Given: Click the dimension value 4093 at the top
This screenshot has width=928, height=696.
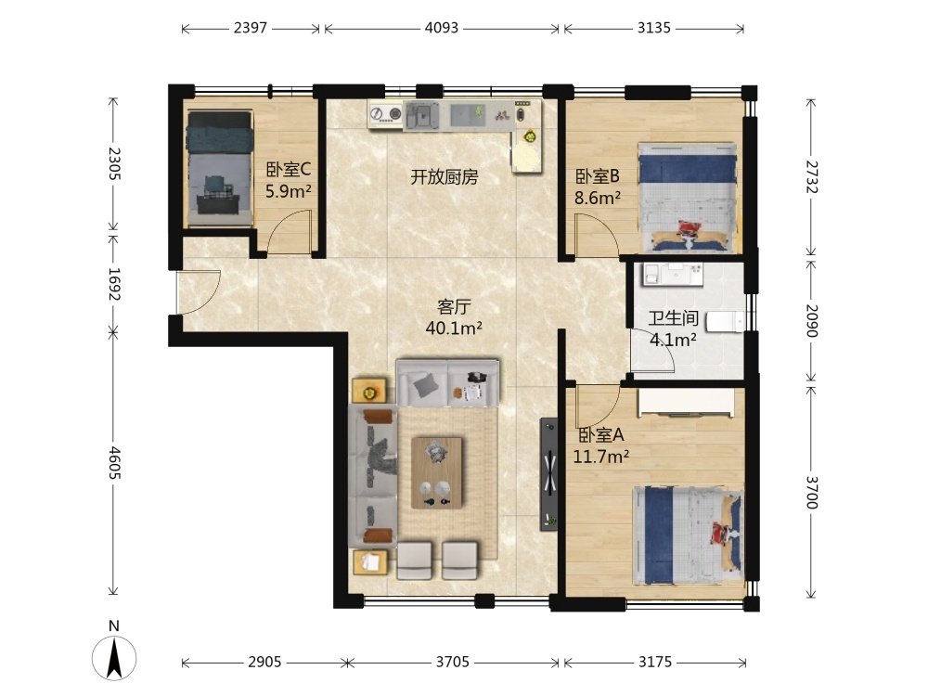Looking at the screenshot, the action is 442,28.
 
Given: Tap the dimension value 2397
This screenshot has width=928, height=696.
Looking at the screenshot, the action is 251,28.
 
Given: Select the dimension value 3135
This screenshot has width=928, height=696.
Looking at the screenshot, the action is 654,28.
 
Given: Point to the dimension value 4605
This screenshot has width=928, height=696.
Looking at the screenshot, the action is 114,463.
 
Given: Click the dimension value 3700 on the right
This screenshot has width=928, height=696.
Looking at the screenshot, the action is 811,493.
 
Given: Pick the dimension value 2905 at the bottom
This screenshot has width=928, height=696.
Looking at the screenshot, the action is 264,662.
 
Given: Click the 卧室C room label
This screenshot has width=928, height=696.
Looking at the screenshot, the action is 289,170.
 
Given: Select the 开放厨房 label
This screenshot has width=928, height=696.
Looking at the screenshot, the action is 444,176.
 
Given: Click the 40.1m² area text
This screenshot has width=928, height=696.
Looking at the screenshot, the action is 454,328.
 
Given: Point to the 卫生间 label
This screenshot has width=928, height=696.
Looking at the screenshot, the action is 673,318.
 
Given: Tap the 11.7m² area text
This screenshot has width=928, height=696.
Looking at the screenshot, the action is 600,457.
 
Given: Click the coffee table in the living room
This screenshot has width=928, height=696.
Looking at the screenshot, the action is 437,473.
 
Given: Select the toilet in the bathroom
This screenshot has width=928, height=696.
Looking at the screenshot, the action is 726,322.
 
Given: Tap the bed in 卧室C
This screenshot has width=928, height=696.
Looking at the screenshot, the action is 220,168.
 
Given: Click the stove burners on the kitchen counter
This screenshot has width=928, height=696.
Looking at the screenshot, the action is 385,113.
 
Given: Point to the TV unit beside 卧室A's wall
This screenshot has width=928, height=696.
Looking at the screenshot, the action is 549,474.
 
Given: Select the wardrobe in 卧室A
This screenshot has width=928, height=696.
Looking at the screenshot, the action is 686,403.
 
